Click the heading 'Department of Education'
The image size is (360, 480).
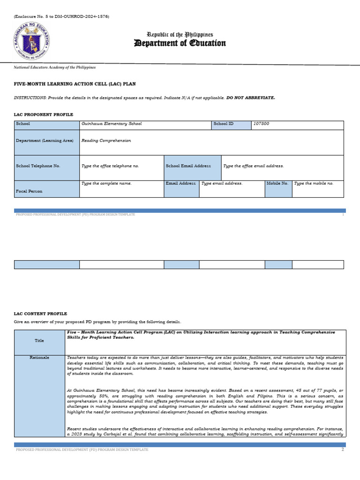coord(180,44)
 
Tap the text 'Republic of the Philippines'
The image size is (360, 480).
coord(180,35)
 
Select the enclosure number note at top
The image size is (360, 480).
coord(61,16)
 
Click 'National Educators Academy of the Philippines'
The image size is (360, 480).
coord(55,67)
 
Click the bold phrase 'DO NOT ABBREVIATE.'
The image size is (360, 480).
coord(251,97)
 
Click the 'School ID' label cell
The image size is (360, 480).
coord(223,124)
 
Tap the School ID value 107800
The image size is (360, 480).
coord(261,124)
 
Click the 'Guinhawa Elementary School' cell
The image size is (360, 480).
coord(112,124)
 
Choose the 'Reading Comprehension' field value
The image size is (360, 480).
coord(106,140)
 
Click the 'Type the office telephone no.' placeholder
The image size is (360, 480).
coord(110,166)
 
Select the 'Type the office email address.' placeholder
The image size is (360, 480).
coord(253,166)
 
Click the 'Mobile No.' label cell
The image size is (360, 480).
coord(277,183)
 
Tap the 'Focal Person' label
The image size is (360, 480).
coord(29,191)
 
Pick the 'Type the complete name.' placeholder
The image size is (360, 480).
coord(106,183)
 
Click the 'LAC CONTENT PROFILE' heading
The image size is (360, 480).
coord(40,314)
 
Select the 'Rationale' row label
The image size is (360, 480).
coord(40,357)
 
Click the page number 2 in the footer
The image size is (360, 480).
coord(343,450)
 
